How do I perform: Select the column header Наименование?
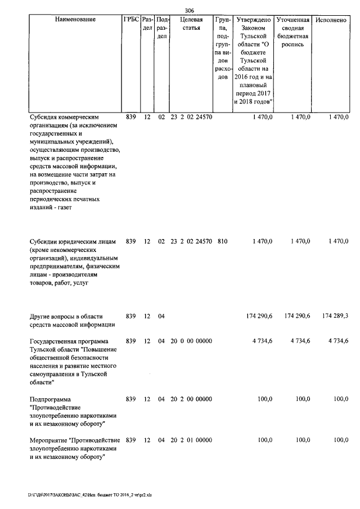[75, 19]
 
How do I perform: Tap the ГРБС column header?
[130, 19]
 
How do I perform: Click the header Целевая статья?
[191, 23]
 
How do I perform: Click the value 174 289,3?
[335, 317]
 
